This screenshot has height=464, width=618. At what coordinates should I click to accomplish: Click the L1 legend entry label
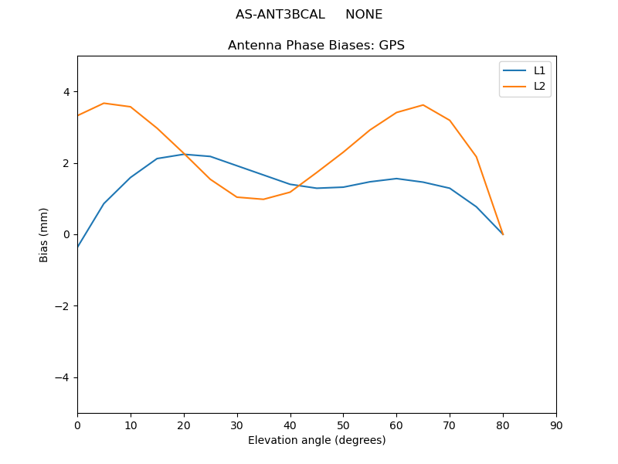point(540,70)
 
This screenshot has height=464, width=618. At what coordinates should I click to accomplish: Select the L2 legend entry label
point(540,86)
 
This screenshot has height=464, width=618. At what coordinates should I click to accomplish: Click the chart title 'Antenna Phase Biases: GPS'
point(316,46)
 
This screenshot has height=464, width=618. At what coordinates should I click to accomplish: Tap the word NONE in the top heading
point(364,15)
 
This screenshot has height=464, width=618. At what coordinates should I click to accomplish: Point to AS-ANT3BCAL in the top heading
point(280,15)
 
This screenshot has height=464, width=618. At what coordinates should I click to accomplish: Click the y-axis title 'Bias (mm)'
point(44,234)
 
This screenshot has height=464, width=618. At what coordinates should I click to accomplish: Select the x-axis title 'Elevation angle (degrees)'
point(317,440)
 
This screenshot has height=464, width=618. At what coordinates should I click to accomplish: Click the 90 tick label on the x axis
point(556,425)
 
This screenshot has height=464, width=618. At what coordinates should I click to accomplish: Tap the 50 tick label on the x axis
point(343,425)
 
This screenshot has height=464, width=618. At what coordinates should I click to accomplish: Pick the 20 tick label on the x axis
point(184,425)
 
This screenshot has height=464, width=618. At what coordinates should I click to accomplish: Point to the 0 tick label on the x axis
point(77,425)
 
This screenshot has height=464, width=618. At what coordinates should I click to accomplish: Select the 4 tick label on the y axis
point(66,92)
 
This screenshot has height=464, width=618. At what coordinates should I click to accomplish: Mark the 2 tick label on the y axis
point(66,163)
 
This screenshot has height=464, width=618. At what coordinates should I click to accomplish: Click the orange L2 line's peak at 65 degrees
point(423,105)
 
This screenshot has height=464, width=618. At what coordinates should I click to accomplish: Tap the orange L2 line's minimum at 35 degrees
point(263,200)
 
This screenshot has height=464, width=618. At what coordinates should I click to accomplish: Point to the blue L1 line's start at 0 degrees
point(77,247)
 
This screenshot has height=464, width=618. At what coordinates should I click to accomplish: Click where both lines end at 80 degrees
point(503,234)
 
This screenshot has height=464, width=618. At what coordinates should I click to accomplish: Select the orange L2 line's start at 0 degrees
point(77,116)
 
